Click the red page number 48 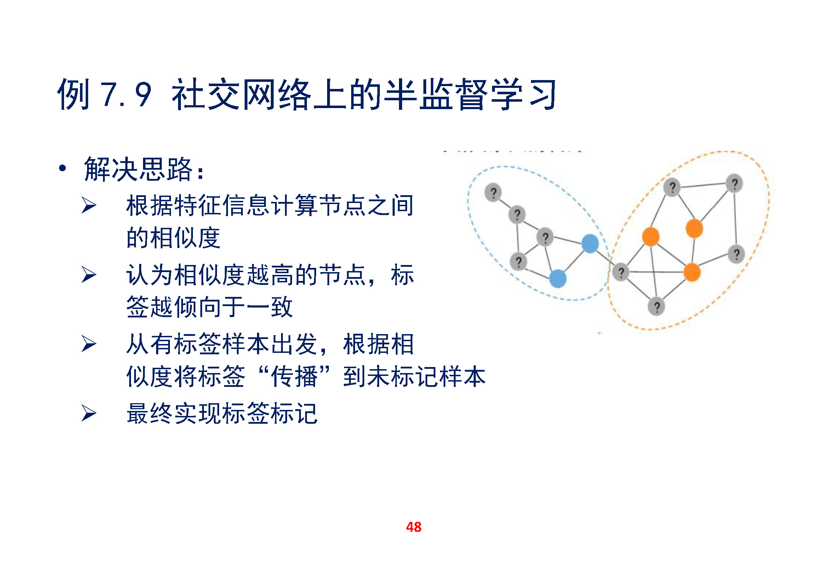point(413,527)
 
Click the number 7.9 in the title point(126,95)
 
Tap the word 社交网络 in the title point(242,94)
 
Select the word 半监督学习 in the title point(470,94)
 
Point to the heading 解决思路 point(139,169)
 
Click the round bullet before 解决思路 point(62,168)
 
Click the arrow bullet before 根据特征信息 point(89,205)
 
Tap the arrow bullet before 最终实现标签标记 point(89,413)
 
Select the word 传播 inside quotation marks point(294,376)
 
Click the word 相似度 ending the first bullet point(173,238)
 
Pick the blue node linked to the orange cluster point(590,243)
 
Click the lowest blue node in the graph point(558,278)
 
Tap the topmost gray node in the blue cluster point(493,192)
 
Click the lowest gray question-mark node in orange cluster point(656,307)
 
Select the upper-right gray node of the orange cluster point(735,183)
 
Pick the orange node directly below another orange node point(692,272)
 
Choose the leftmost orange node point(651,237)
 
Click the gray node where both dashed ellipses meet point(621,272)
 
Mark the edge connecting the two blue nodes point(574,261)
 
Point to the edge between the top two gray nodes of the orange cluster point(703,185)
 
